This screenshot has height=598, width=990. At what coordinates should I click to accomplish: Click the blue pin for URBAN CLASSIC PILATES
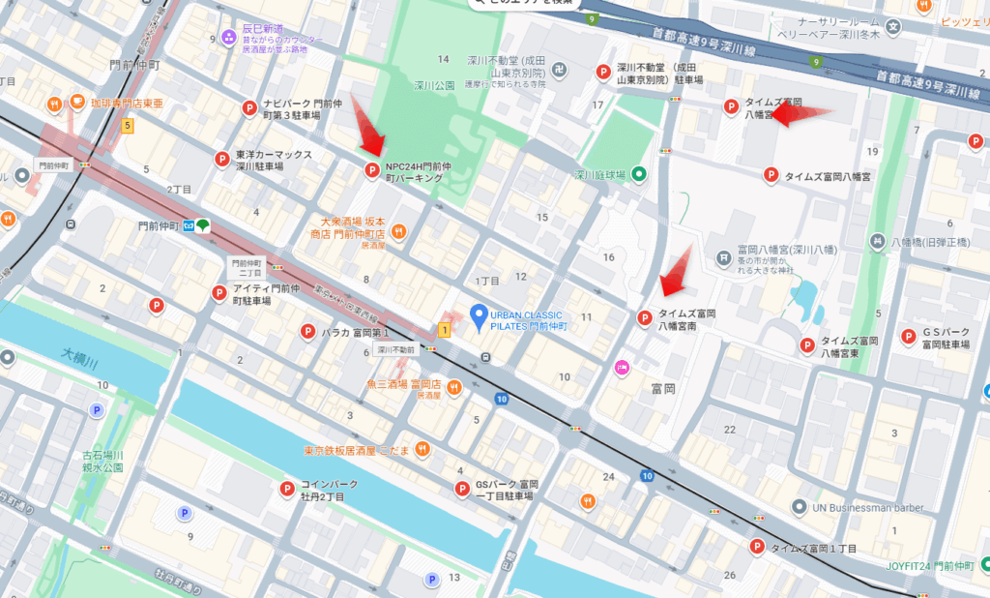(477, 314)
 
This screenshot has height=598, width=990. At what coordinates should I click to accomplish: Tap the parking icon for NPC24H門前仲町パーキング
(371, 171)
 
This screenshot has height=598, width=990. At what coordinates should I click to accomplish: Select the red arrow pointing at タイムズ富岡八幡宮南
(677, 271)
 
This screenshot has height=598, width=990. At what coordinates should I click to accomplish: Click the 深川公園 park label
(435, 85)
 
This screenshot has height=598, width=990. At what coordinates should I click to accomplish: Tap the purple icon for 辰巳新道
(228, 38)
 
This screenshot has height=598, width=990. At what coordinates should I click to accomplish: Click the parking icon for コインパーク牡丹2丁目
(287, 490)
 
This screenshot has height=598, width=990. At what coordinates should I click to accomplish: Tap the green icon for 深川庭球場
(639, 175)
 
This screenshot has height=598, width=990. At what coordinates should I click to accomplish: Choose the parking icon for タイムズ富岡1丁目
(757, 548)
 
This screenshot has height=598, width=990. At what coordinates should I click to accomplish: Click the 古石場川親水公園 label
(102, 460)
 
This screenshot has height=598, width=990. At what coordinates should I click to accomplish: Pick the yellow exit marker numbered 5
(127, 125)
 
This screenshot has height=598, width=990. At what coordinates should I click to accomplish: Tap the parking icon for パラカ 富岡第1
(308, 331)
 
